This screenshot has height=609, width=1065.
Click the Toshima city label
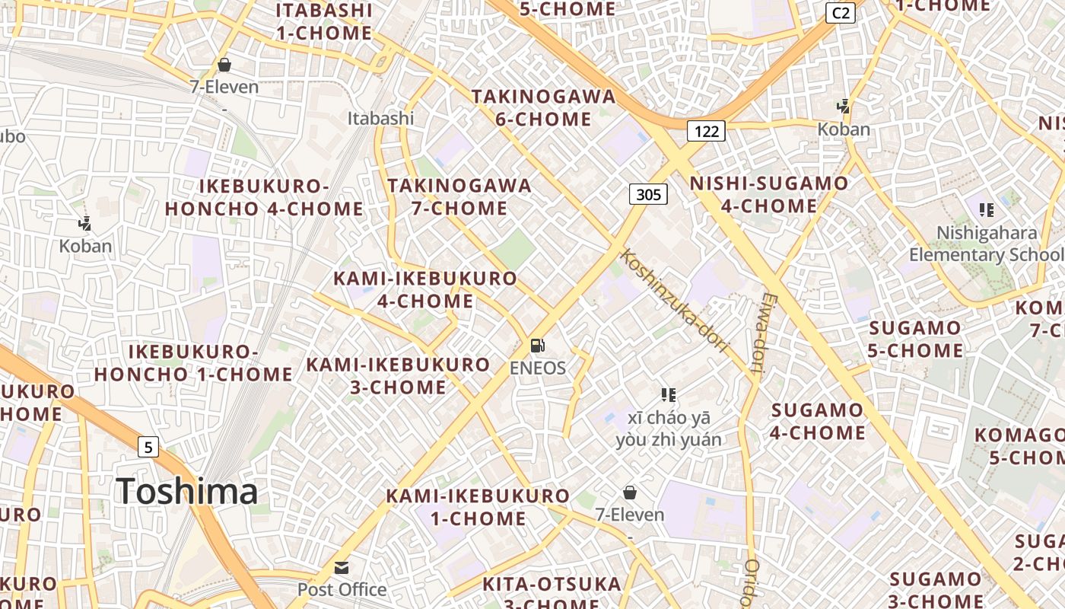tap(187, 490)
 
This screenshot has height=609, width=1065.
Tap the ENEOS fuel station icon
tap(538, 346)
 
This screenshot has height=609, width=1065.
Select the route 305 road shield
tap(648, 195)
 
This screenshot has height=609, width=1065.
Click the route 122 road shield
tap(706, 131)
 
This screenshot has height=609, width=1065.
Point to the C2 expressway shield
tap(841, 12)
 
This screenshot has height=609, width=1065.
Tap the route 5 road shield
tap(148, 446)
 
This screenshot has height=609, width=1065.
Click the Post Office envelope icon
tap(342, 568)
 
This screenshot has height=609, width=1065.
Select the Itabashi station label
tap(380, 118)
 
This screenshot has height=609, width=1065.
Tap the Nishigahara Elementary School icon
tap(987, 209)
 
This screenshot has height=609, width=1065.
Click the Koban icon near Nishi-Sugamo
tap(843, 107)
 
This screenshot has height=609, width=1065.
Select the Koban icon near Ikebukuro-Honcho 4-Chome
tap(85, 224)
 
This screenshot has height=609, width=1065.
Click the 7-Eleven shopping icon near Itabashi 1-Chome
tap(224, 65)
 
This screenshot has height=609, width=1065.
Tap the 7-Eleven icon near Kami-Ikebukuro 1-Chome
tap(630, 493)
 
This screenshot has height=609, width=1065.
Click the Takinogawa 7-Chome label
tap(459, 196)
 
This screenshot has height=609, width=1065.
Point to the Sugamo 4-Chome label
tap(818, 422)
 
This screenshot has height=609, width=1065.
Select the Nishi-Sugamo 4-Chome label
tap(768, 194)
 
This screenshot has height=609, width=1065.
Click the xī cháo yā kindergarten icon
tap(669, 394)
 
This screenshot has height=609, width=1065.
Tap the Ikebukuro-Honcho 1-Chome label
tap(193, 363)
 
